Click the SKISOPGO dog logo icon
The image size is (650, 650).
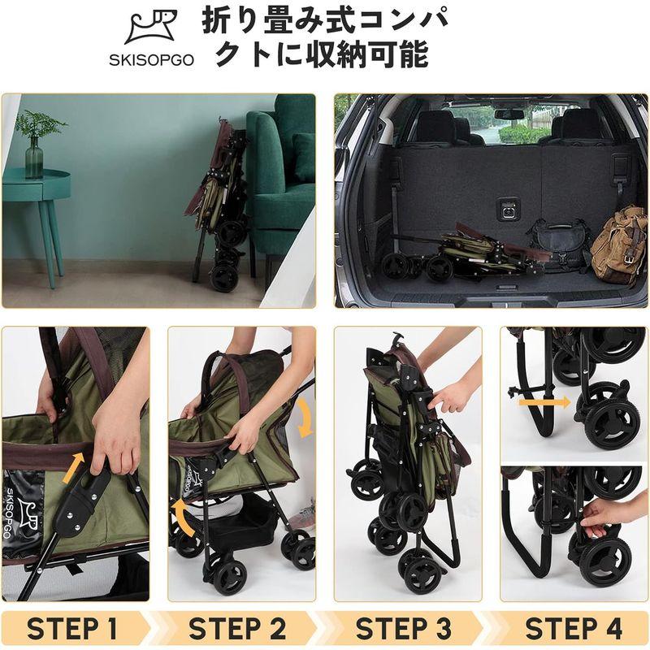point(151,29)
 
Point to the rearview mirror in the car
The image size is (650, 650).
point(509,115)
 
